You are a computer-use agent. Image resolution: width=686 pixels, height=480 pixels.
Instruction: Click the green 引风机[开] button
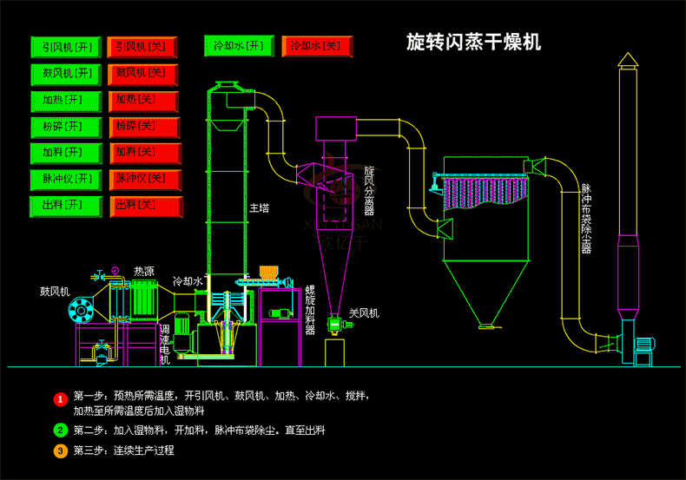coord(67,46)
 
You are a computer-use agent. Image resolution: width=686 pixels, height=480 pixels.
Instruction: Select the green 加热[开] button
coord(67,100)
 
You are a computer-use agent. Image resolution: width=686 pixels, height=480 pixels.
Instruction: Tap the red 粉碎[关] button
coord(144,127)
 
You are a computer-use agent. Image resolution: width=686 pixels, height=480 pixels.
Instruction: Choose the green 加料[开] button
coord(67,154)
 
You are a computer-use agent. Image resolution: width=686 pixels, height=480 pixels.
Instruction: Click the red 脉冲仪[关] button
coord(144,180)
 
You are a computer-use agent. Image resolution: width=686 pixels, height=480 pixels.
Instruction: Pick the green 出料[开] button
coord(67,207)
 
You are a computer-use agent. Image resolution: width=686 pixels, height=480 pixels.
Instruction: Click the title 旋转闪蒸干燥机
coord(473,43)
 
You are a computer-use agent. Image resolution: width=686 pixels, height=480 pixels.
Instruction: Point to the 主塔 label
coord(259,208)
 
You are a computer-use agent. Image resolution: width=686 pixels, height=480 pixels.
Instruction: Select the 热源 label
coord(144,272)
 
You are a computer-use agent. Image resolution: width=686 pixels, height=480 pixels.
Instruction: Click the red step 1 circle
coord(60,399)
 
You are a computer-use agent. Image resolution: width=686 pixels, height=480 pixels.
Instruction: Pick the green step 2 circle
coord(60,430)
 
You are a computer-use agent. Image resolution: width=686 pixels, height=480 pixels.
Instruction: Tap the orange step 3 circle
coord(60,451)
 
